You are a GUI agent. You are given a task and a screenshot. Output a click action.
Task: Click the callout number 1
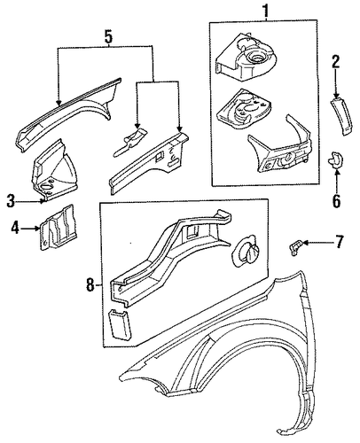[266, 11]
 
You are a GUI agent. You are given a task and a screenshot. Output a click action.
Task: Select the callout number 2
[336, 62]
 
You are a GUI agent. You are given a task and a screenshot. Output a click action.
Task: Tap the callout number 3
[11, 201]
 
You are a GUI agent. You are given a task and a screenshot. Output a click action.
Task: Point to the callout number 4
[15, 228]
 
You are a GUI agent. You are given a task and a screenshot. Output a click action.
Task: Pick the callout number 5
[108, 37]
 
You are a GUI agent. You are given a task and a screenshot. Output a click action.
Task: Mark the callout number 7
[339, 242]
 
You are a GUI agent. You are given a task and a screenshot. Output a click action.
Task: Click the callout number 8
[90, 285]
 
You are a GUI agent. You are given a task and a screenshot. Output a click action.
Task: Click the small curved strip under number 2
[341, 116]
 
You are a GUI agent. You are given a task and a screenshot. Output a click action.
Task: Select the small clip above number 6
[335, 159]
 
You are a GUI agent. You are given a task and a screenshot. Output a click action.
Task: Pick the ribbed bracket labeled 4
[58, 228]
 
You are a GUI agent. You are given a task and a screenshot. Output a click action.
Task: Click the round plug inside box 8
[247, 251]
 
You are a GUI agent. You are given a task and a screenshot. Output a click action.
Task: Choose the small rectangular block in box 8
[121, 323]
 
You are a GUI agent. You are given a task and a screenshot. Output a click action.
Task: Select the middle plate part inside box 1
[243, 109]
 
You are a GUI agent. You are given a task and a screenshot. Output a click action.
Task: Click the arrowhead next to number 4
[37, 228]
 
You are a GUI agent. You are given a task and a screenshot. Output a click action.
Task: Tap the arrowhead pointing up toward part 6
[337, 172]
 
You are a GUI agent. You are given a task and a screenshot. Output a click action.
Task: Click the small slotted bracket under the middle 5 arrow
[130, 141]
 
